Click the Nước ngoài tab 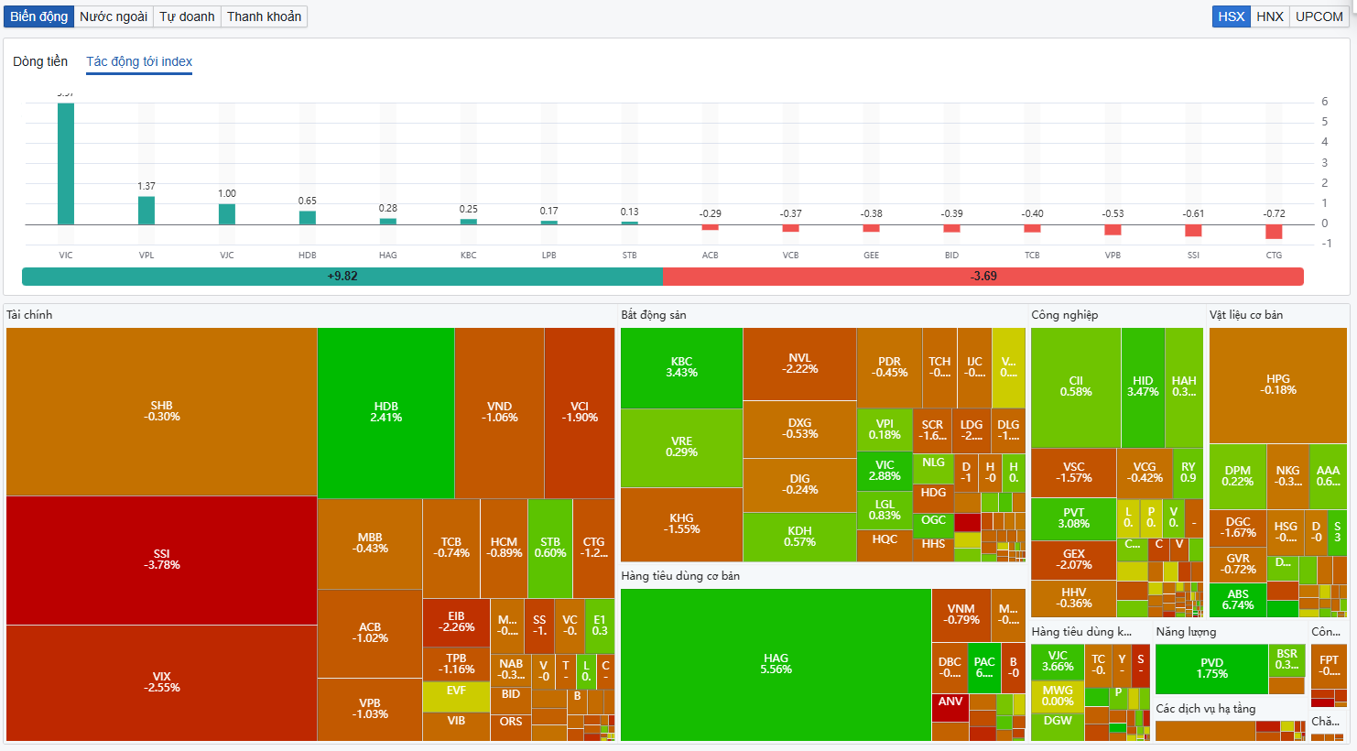point(114,16)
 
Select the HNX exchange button point(1269,16)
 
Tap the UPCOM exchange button point(1319,16)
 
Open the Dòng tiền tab point(40,61)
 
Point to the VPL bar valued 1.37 point(147,211)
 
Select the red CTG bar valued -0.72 point(1274,232)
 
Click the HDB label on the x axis point(308,256)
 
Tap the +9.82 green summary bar point(342,276)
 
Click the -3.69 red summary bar point(983,276)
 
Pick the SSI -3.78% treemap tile point(162,560)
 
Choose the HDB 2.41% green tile point(385,412)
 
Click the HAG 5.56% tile point(776,664)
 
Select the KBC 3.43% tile point(681,367)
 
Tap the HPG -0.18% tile point(1277,385)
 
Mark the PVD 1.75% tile point(1211,669)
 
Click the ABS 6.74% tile point(1237,600)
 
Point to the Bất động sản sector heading point(653,315)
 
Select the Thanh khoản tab point(264,16)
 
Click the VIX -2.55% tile point(162,682)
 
